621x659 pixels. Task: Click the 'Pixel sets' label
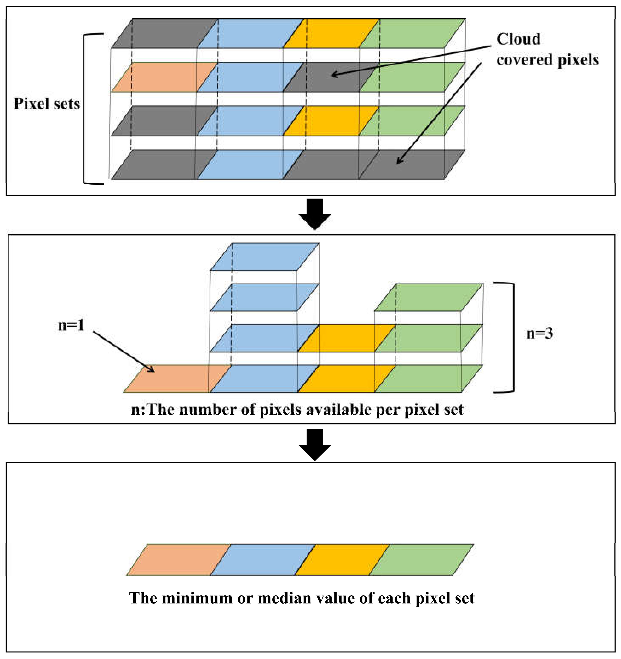47,104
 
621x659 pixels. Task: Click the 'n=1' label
71,325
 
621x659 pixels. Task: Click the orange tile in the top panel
165,77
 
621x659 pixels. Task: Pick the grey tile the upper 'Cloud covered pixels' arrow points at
331,77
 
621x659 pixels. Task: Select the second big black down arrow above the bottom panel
315,444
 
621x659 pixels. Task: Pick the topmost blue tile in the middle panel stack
265,257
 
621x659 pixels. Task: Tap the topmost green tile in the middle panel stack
429,297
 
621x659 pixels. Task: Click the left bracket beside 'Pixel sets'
84,108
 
